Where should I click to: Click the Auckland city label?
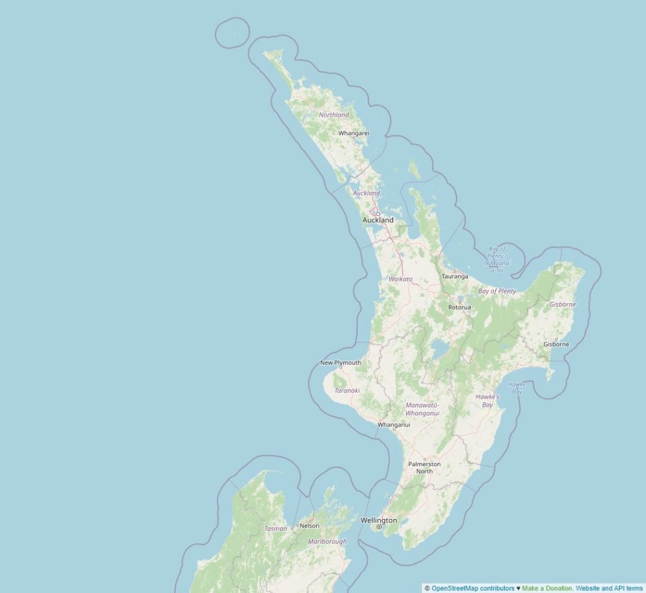pos(378,220)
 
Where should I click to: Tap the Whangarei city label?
pos(353,133)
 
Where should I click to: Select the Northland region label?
pos(334,115)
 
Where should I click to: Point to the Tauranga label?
pos(455,276)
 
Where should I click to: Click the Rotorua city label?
pos(459,307)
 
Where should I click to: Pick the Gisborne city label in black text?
pos(556,344)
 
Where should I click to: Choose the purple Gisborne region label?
pos(563,304)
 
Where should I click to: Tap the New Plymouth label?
pos(341,362)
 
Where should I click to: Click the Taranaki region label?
pos(347,390)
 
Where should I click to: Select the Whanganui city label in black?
pos(394,424)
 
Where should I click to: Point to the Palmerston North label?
pos(425,467)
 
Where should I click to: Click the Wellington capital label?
pos(379,520)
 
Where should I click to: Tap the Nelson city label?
pos(309,525)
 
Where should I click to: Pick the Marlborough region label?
pos(327,542)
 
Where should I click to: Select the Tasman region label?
pos(276,528)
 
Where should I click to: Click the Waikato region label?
pos(401,279)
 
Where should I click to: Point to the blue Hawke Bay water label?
pos(517,388)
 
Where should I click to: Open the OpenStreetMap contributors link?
pos(473,588)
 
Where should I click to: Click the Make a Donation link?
pos(548,588)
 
